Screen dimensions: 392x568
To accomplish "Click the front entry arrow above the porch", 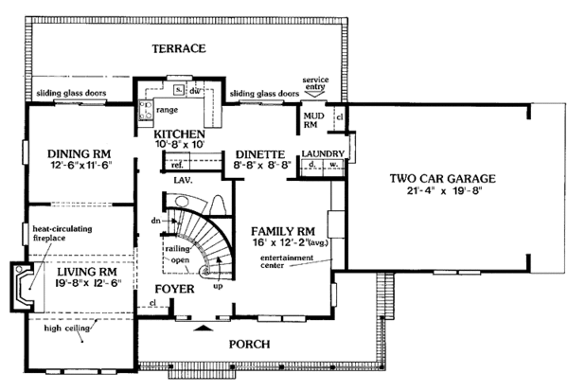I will pyautogui.click(x=204, y=329).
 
